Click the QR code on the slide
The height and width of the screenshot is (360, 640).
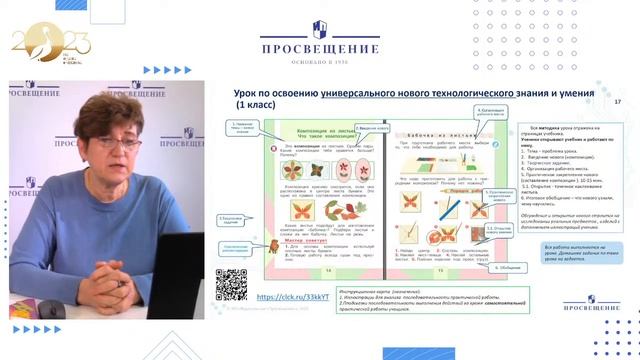pyautogui.click(x=231, y=284)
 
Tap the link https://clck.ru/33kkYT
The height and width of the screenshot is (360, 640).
pyautogui.click(x=293, y=297)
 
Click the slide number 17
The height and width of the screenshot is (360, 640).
pyautogui.click(x=617, y=102)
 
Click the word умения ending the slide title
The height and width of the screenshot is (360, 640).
pyautogui.click(x=574, y=92)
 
